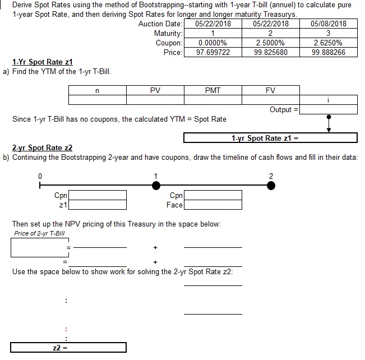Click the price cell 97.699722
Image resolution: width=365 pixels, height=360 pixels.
click(x=213, y=52)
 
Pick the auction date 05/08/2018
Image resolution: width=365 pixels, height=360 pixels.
click(x=328, y=24)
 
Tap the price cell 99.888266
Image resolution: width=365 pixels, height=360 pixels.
click(x=328, y=52)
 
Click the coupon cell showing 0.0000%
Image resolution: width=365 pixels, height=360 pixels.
click(x=213, y=43)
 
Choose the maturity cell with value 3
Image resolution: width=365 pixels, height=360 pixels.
click(x=328, y=33)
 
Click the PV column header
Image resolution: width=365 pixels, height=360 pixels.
click(x=155, y=90)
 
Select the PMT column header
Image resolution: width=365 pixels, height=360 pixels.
click(x=213, y=90)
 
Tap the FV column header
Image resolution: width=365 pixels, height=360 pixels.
click(x=270, y=90)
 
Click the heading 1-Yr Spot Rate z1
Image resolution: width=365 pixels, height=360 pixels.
click(x=43, y=62)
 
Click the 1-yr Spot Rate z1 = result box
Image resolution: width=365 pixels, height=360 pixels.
click(x=270, y=138)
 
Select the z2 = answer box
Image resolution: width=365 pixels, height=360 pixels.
click(x=68, y=348)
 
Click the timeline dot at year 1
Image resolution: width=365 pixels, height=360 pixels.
click(x=156, y=186)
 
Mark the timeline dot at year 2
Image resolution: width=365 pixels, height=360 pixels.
click(x=271, y=186)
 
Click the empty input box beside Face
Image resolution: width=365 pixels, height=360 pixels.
click(x=213, y=205)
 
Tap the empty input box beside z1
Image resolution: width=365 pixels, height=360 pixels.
click(x=98, y=205)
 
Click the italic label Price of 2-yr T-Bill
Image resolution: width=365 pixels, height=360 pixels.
click(x=39, y=233)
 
